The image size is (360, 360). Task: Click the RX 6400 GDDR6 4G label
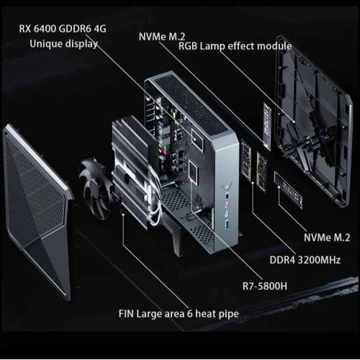pos(63,29)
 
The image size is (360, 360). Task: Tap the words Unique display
pos(64,44)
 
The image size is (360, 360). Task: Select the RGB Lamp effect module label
pos(235,46)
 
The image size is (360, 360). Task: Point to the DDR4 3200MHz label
pos(305,260)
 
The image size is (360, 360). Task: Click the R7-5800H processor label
pos(265,286)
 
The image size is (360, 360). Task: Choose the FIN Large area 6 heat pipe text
pos(179,314)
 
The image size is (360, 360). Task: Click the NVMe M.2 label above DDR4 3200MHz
pos(327,238)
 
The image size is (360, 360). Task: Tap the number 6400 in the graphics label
pos(45,29)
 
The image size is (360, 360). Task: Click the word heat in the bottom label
pos(204,314)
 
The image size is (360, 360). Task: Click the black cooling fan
pos(94,188)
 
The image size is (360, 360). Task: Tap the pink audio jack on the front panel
pos(227,205)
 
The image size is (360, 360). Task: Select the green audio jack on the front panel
pos(227,214)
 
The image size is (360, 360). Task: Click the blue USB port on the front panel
pos(227,225)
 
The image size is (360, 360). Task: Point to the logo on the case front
pos(227,186)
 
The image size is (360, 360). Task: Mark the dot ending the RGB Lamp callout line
pos(294,122)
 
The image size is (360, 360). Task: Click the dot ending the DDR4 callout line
pos(253,183)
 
